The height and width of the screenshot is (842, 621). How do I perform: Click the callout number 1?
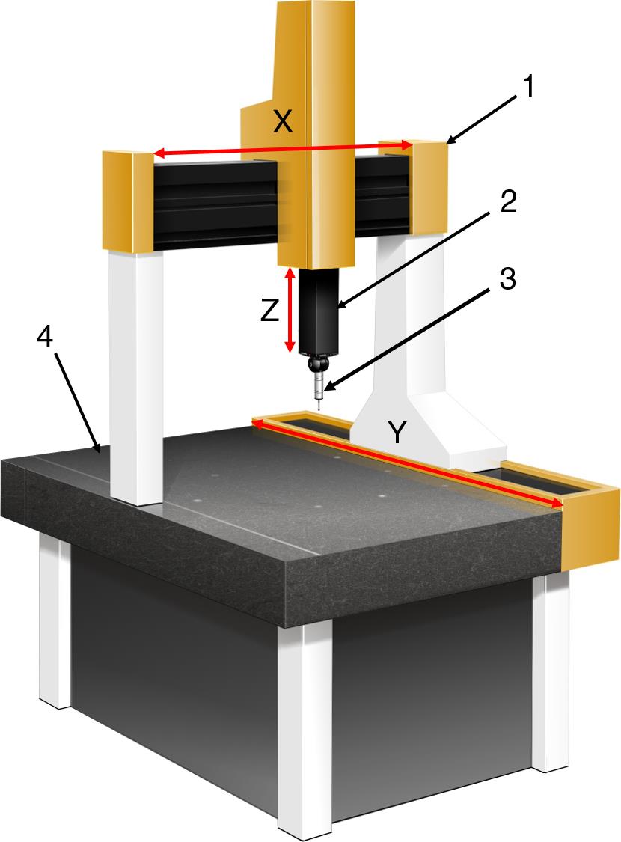[x=529, y=87]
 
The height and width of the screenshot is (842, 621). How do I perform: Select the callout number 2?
[x=507, y=201]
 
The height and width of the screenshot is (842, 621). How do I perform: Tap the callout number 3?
[x=507, y=279]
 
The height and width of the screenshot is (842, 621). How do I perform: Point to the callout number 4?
[x=45, y=338]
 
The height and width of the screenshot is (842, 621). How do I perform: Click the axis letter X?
[x=283, y=123]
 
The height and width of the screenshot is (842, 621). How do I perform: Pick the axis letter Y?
[x=396, y=433]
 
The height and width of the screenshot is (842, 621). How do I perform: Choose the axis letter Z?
[x=270, y=311]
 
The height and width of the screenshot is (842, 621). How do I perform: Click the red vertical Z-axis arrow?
[x=290, y=310]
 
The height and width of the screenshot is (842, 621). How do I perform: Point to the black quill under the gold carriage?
[x=318, y=311]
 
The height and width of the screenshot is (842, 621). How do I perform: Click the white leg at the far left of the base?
[x=55, y=622]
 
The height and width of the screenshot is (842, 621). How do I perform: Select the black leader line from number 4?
[x=77, y=401]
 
